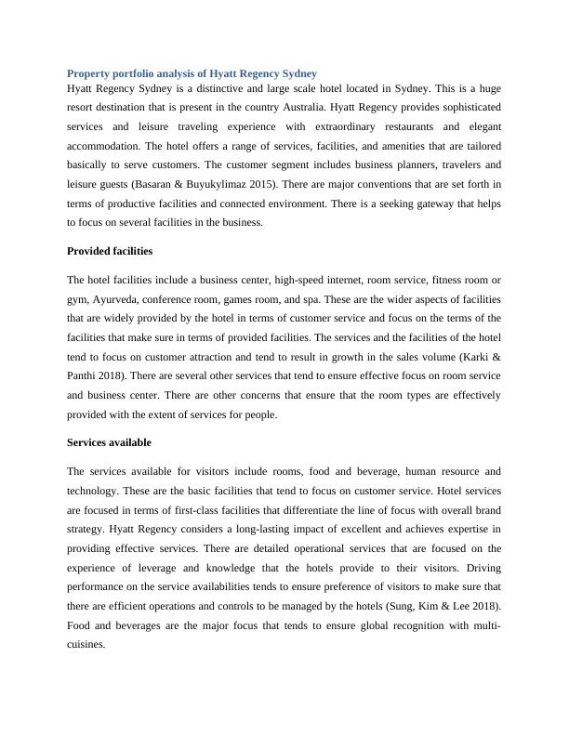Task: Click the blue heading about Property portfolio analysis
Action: click(x=192, y=72)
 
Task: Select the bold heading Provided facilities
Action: click(x=110, y=251)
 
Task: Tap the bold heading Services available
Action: click(x=109, y=442)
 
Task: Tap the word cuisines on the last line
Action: click(x=87, y=645)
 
